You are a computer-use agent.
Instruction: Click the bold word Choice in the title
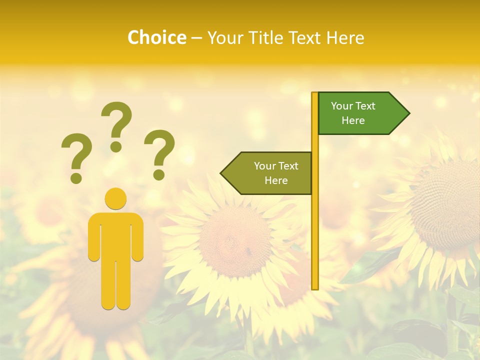pyautogui.click(x=156, y=37)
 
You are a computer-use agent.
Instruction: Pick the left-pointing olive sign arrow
pyautogui.click(x=267, y=173)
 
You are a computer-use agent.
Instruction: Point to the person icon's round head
pyautogui.click(x=115, y=198)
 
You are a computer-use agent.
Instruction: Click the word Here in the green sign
pyautogui.click(x=353, y=120)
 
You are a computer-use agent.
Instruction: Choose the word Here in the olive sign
pyautogui.click(x=276, y=180)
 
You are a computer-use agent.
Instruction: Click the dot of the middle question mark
pyautogui.click(x=116, y=146)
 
